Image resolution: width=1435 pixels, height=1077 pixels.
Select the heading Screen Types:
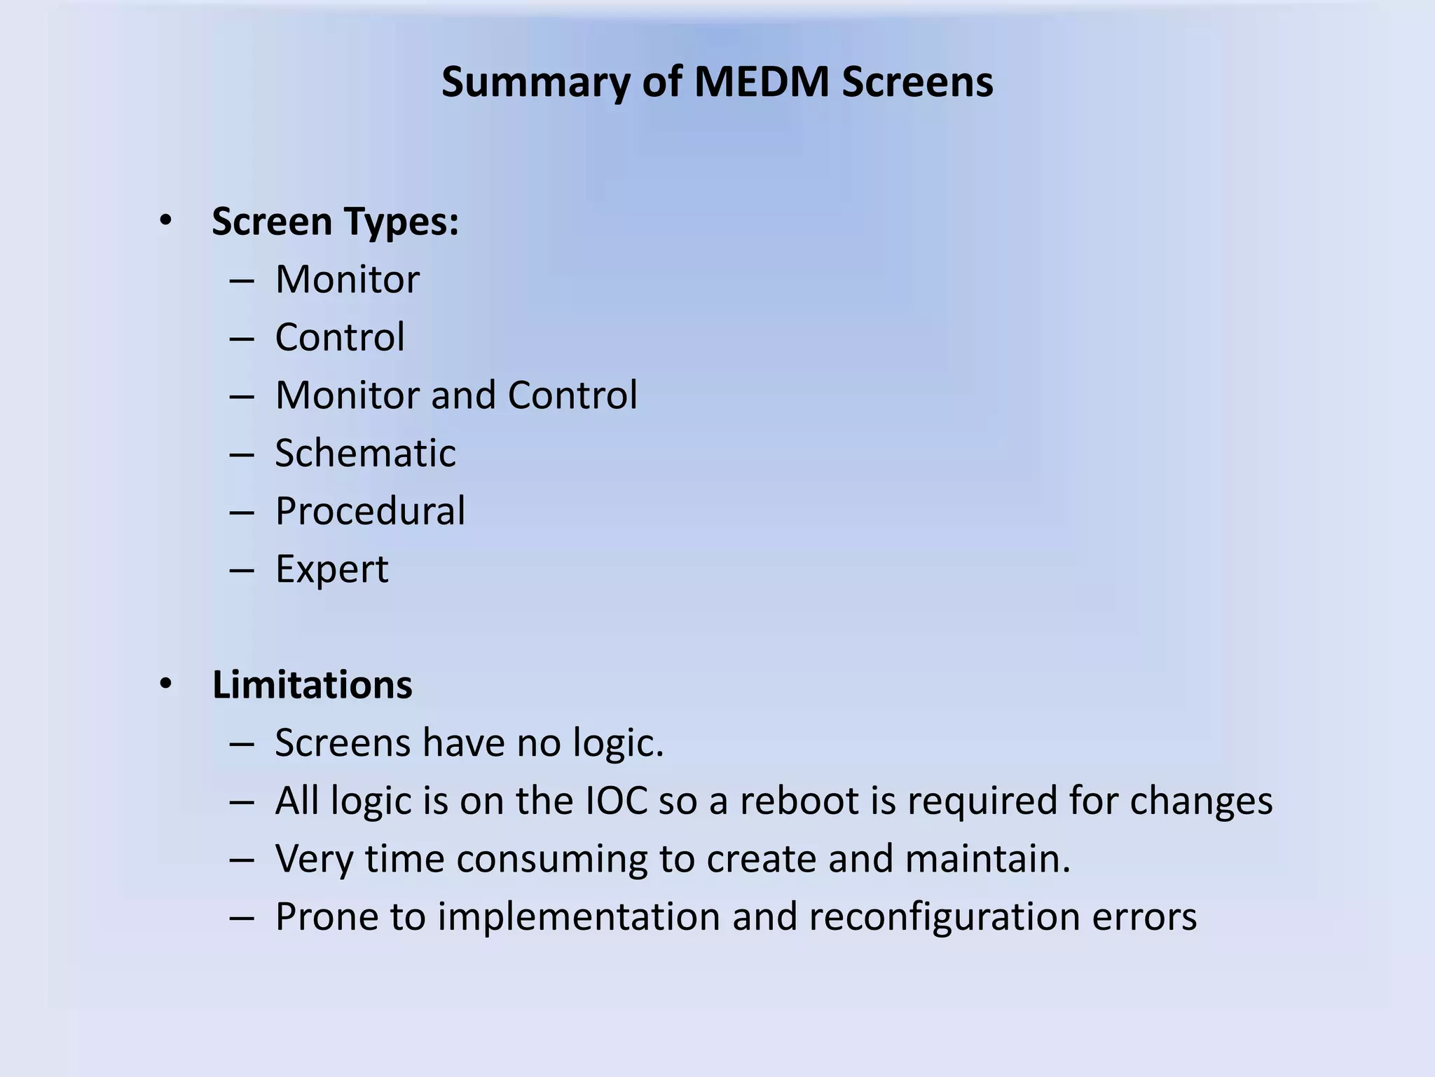tap(335, 222)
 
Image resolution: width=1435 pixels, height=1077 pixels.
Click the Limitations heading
tap(312, 685)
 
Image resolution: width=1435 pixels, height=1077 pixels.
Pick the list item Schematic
tap(365, 453)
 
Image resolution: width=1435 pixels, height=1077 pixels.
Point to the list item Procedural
tap(370, 511)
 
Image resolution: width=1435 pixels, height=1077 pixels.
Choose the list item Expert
tap(331, 569)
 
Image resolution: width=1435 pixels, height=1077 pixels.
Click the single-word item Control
tap(340, 337)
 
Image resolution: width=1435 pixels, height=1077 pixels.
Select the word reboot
tap(799, 801)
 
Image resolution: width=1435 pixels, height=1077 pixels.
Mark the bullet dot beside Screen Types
tap(165, 221)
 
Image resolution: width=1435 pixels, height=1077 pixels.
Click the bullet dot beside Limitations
tap(165, 684)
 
